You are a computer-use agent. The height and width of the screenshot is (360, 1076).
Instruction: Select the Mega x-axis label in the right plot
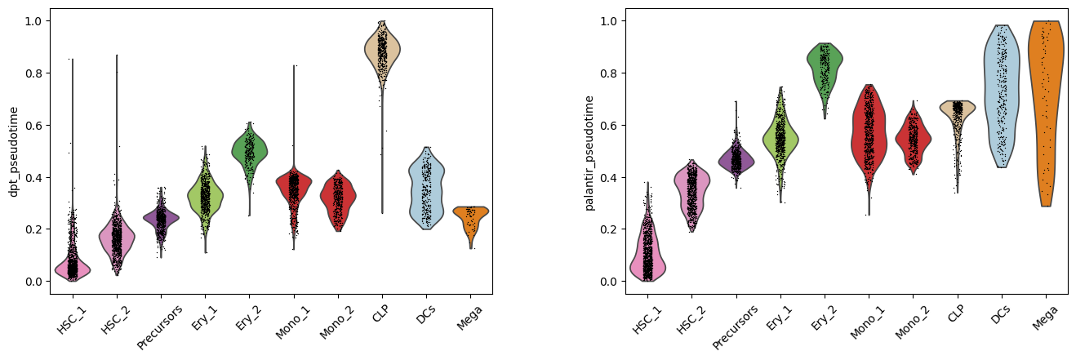coord(1045,311)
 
